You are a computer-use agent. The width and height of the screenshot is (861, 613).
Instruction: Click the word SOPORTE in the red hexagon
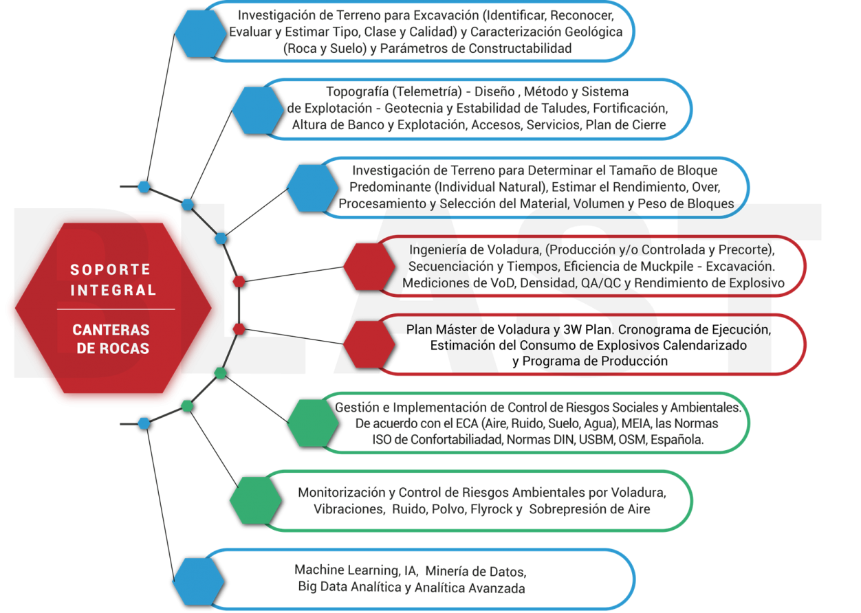point(111,270)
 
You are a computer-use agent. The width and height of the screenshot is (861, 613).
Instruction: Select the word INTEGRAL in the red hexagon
point(113,290)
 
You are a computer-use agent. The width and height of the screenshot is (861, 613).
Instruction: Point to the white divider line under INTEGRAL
point(116,309)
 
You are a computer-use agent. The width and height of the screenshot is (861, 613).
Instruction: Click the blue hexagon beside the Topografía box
point(257,109)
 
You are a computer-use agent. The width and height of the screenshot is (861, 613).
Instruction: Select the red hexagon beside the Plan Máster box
point(369,344)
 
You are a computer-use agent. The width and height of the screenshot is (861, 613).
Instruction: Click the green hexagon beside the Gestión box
point(312,422)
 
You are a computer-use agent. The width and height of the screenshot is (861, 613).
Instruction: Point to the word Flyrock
point(489,510)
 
